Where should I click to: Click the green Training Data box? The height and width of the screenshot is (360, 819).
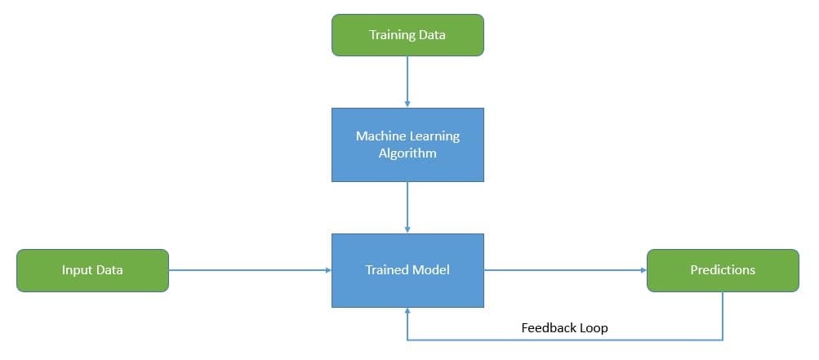(x=407, y=35)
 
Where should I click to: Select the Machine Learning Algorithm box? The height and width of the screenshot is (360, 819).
(x=407, y=144)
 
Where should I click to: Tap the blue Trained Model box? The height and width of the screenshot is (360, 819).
(x=407, y=270)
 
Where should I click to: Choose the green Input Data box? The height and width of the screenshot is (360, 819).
(x=92, y=270)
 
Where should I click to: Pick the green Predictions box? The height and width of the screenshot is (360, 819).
(x=723, y=270)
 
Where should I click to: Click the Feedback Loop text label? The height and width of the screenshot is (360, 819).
(x=564, y=328)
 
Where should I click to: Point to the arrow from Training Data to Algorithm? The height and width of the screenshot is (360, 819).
(x=407, y=81)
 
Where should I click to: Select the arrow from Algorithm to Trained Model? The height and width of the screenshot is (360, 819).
(x=407, y=207)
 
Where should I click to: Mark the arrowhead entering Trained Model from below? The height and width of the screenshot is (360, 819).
(x=407, y=313)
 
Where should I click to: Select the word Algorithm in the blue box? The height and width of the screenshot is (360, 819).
(x=407, y=153)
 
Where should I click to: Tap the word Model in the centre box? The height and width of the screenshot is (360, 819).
(x=432, y=270)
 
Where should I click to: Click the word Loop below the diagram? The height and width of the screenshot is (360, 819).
(x=593, y=328)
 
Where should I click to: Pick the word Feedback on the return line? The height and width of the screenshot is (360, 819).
(x=548, y=328)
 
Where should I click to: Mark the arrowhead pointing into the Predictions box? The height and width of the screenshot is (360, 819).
(x=642, y=270)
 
